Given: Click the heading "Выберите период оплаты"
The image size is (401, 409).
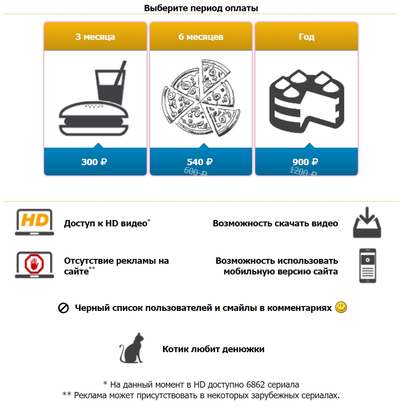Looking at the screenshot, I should [201, 8].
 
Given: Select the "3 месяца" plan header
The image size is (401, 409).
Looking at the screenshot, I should [95, 36].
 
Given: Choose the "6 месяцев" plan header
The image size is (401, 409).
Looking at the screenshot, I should [201, 36].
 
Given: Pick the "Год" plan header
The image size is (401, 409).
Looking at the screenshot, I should [306, 36].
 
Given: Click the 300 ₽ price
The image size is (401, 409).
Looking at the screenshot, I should [94, 162].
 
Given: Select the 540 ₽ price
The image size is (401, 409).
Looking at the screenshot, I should [200, 162].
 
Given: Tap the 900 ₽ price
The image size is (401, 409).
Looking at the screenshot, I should [305, 162].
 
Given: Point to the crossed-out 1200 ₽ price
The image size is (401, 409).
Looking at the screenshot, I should [303, 171].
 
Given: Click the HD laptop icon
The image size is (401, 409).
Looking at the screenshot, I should [34, 222].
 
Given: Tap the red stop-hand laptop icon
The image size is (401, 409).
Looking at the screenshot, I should [34, 265].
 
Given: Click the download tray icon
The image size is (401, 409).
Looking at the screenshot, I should [367, 223].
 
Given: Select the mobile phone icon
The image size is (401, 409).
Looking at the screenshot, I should [368, 266].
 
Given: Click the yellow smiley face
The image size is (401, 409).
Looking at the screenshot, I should [341, 307].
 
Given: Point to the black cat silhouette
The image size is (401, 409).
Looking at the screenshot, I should [132, 348].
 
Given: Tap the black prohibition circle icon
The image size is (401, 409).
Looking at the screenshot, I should [64, 308].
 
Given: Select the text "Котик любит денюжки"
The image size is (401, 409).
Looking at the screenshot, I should [213, 349].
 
